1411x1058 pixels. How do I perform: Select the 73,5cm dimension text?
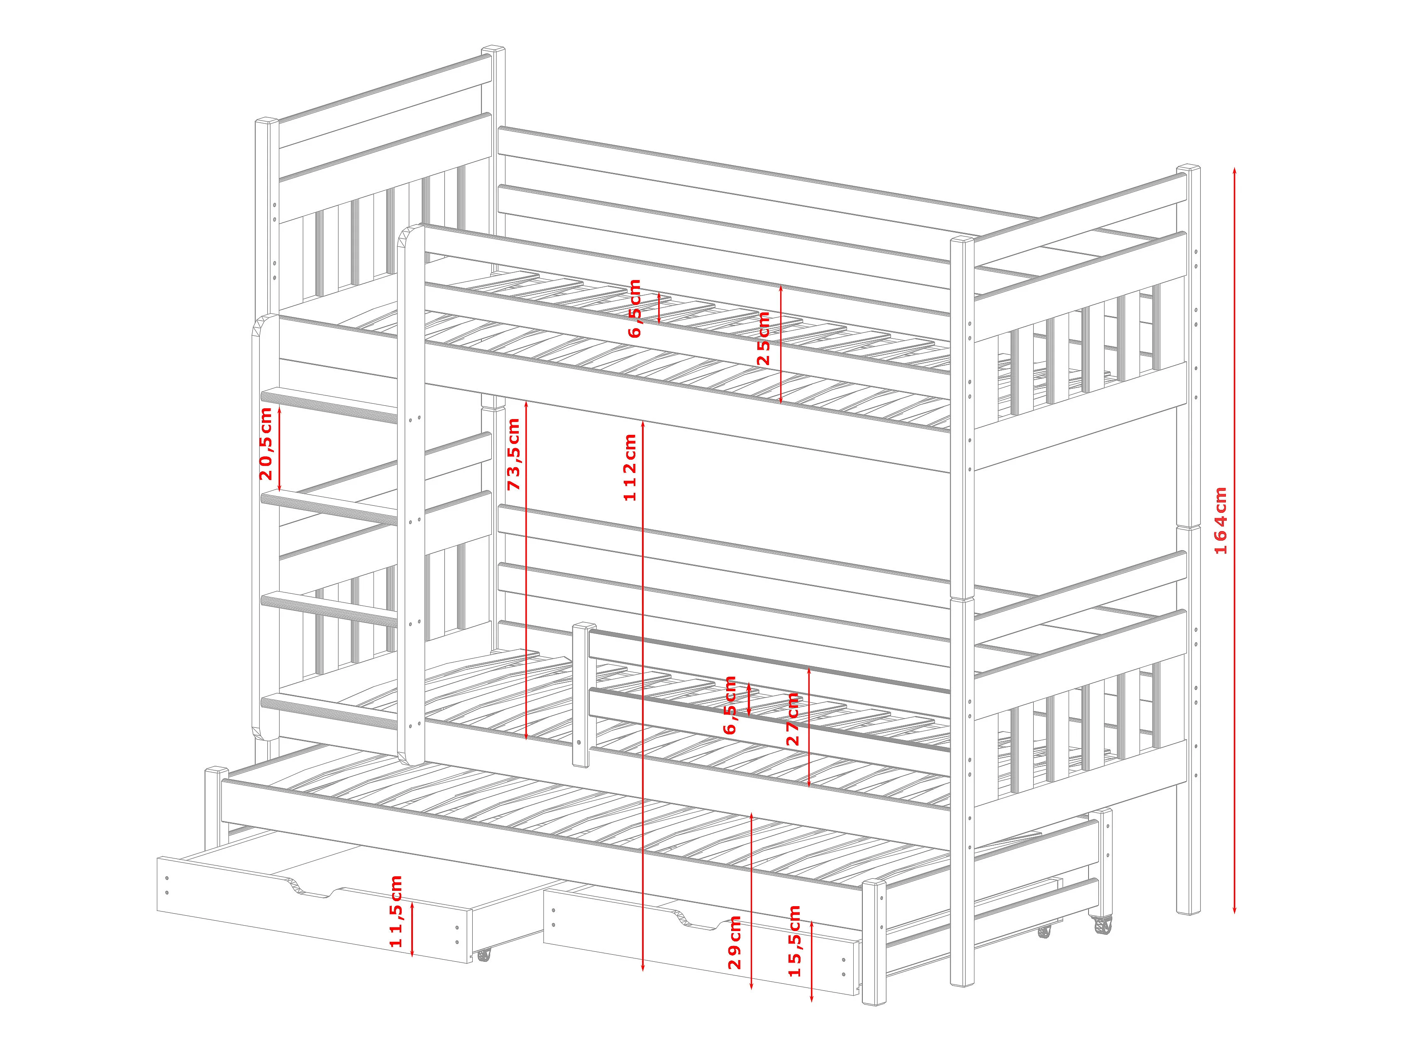coord(513,454)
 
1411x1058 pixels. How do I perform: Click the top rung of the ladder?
coord(330,405)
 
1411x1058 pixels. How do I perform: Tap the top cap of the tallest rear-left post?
coord(493,50)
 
